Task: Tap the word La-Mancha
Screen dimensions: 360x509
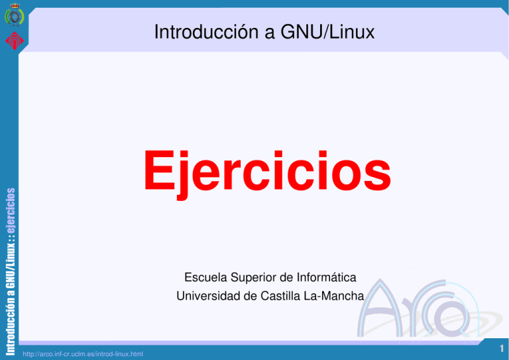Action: click(337, 296)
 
